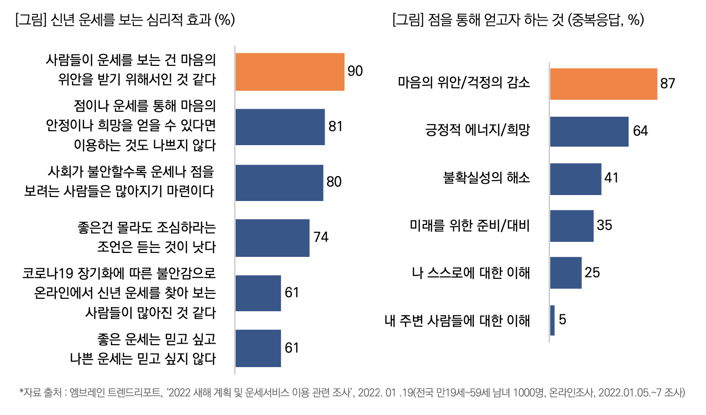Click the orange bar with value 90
point(290,72)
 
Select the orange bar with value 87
point(603,84)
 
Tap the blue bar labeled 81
point(280,127)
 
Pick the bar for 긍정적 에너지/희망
point(589,132)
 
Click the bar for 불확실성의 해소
point(576,179)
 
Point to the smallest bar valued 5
point(552,320)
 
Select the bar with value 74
point(272,237)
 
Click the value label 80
point(334,182)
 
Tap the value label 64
point(640,131)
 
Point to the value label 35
point(605,225)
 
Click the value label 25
point(592,272)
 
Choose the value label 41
point(611,178)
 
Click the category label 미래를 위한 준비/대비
point(469,226)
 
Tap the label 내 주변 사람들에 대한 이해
point(457,320)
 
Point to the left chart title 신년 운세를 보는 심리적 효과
point(125,20)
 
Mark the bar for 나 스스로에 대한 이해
point(566,273)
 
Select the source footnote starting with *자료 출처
point(352,392)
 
